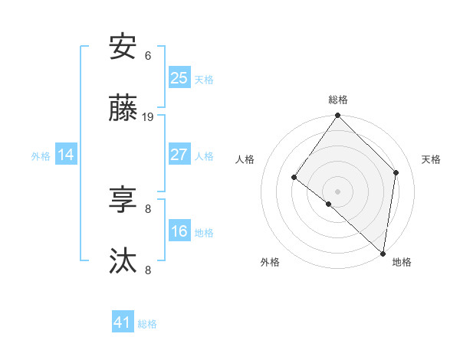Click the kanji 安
click(123, 47)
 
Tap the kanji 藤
click(123, 110)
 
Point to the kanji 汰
click(123, 261)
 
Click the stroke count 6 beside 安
click(148, 55)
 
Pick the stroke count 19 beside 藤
click(148, 117)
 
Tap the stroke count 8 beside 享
click(148, 208)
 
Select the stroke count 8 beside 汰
click(148, 270)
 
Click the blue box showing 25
click(179, 77)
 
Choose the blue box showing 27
click(179, 155)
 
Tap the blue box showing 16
click(179, 231)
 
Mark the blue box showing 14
click(66, 155)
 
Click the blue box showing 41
click(123, 322)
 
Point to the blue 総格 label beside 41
click(147, 324)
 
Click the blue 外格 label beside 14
click(41, 156)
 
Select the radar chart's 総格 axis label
click(337, 100)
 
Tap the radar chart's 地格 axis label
click(402, 262)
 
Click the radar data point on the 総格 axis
click(337, 116)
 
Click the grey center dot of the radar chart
click(337, 191)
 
